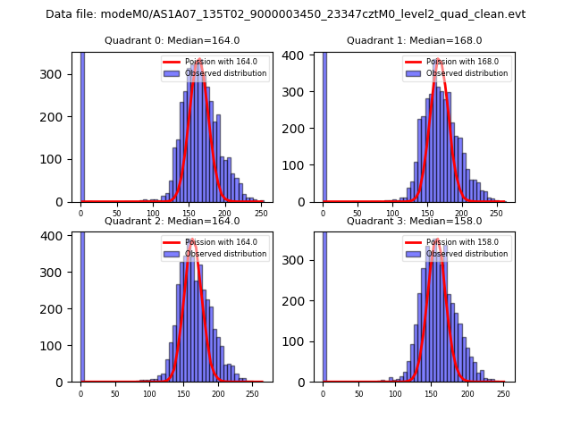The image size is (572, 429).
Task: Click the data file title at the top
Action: tap(285, 14)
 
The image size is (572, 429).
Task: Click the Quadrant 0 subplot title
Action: tap(172, 40)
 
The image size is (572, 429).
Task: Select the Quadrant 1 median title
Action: tap(414, 40)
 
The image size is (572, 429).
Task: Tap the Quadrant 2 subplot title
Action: tap(172, 221)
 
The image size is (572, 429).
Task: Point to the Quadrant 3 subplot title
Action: tap(414, 221)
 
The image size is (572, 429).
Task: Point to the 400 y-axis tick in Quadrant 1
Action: tap(301, 55)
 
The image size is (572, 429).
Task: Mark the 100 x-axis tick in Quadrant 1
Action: tap(391, 214)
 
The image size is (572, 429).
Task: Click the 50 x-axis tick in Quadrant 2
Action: tap(115, 393)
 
